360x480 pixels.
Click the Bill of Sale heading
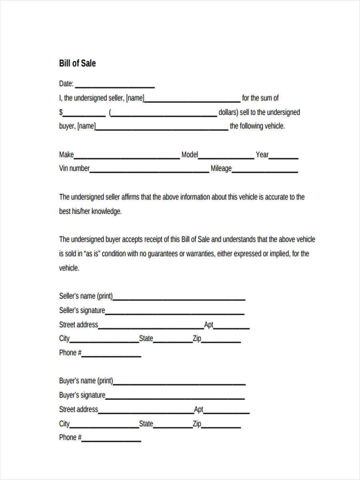tap(77, 63)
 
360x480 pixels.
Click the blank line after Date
tap(115, 87)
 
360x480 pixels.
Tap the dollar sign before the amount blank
tap(61, 112)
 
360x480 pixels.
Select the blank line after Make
tap(127, 158)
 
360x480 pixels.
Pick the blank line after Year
tap(284, 158)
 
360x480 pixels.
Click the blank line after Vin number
tap(149, 172)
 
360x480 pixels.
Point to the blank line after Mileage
tap(265, 172)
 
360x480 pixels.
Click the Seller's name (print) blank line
tap(179, 300)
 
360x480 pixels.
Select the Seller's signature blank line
tap(175, 314)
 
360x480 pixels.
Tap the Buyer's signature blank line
tap(175, 398)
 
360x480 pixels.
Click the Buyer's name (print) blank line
tap(179, 384)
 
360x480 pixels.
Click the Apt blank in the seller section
tap(232, 328)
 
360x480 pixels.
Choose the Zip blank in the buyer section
tap(221, 427)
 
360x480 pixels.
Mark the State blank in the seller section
tap(172, 342)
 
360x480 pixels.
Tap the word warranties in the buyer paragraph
tap(198, 254)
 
